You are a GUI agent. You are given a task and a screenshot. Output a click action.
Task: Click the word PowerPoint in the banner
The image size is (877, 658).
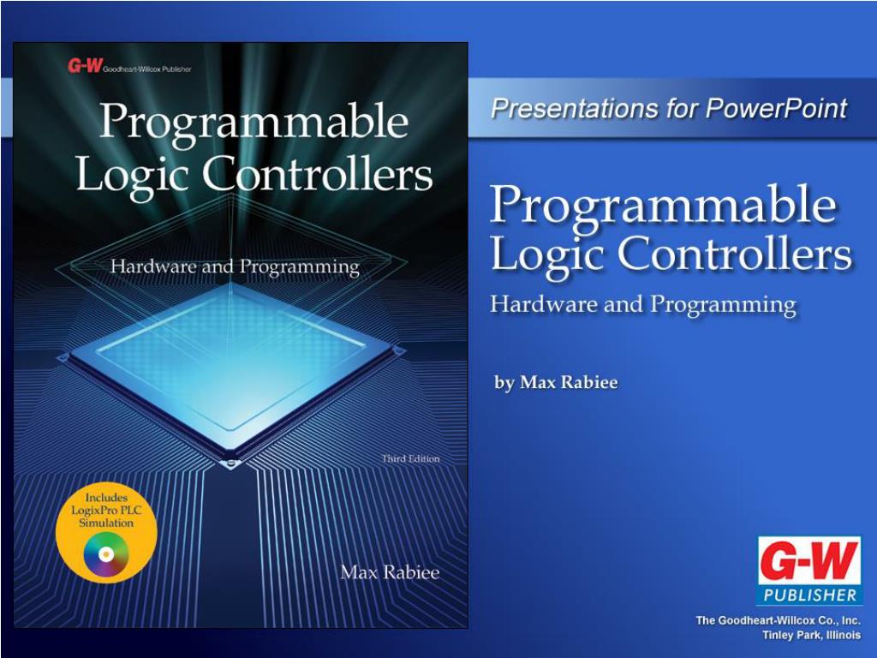click(x=776, y=108)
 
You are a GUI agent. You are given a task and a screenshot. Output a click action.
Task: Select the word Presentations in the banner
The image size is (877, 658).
click(x=574, y=108)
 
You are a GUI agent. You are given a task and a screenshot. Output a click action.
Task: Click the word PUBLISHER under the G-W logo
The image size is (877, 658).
click(x=808, y=595)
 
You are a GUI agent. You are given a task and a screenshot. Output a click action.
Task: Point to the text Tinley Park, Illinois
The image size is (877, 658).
click(x=812, y=635)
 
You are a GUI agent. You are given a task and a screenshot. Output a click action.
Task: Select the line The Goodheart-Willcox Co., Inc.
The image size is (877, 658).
click(x=778, y=620)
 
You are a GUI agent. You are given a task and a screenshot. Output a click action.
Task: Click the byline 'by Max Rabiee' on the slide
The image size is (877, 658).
click(x=556, y=383)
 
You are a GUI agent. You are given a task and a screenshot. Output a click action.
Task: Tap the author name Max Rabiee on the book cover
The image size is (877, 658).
click(x=390, y=571)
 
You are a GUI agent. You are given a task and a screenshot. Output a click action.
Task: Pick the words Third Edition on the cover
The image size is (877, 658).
click(x=410, y=459)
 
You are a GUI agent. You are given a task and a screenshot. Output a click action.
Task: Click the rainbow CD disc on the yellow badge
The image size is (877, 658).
click(x=106, y=554)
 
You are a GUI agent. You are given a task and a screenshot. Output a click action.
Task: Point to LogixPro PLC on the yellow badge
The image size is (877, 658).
click(x=106, y=511)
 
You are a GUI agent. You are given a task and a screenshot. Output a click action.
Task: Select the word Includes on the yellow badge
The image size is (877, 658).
click(x=106, y=498)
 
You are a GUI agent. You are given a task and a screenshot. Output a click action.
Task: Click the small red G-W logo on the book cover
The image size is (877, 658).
click(x=85, y=66)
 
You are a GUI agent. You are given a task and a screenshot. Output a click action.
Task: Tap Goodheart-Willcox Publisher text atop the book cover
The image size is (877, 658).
click(x=147, y=69)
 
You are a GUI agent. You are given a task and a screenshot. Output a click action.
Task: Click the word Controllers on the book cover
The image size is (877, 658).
click(x=317, y=174)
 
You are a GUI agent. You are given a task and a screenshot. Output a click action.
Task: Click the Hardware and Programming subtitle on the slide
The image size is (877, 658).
click(x=643, y=305)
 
